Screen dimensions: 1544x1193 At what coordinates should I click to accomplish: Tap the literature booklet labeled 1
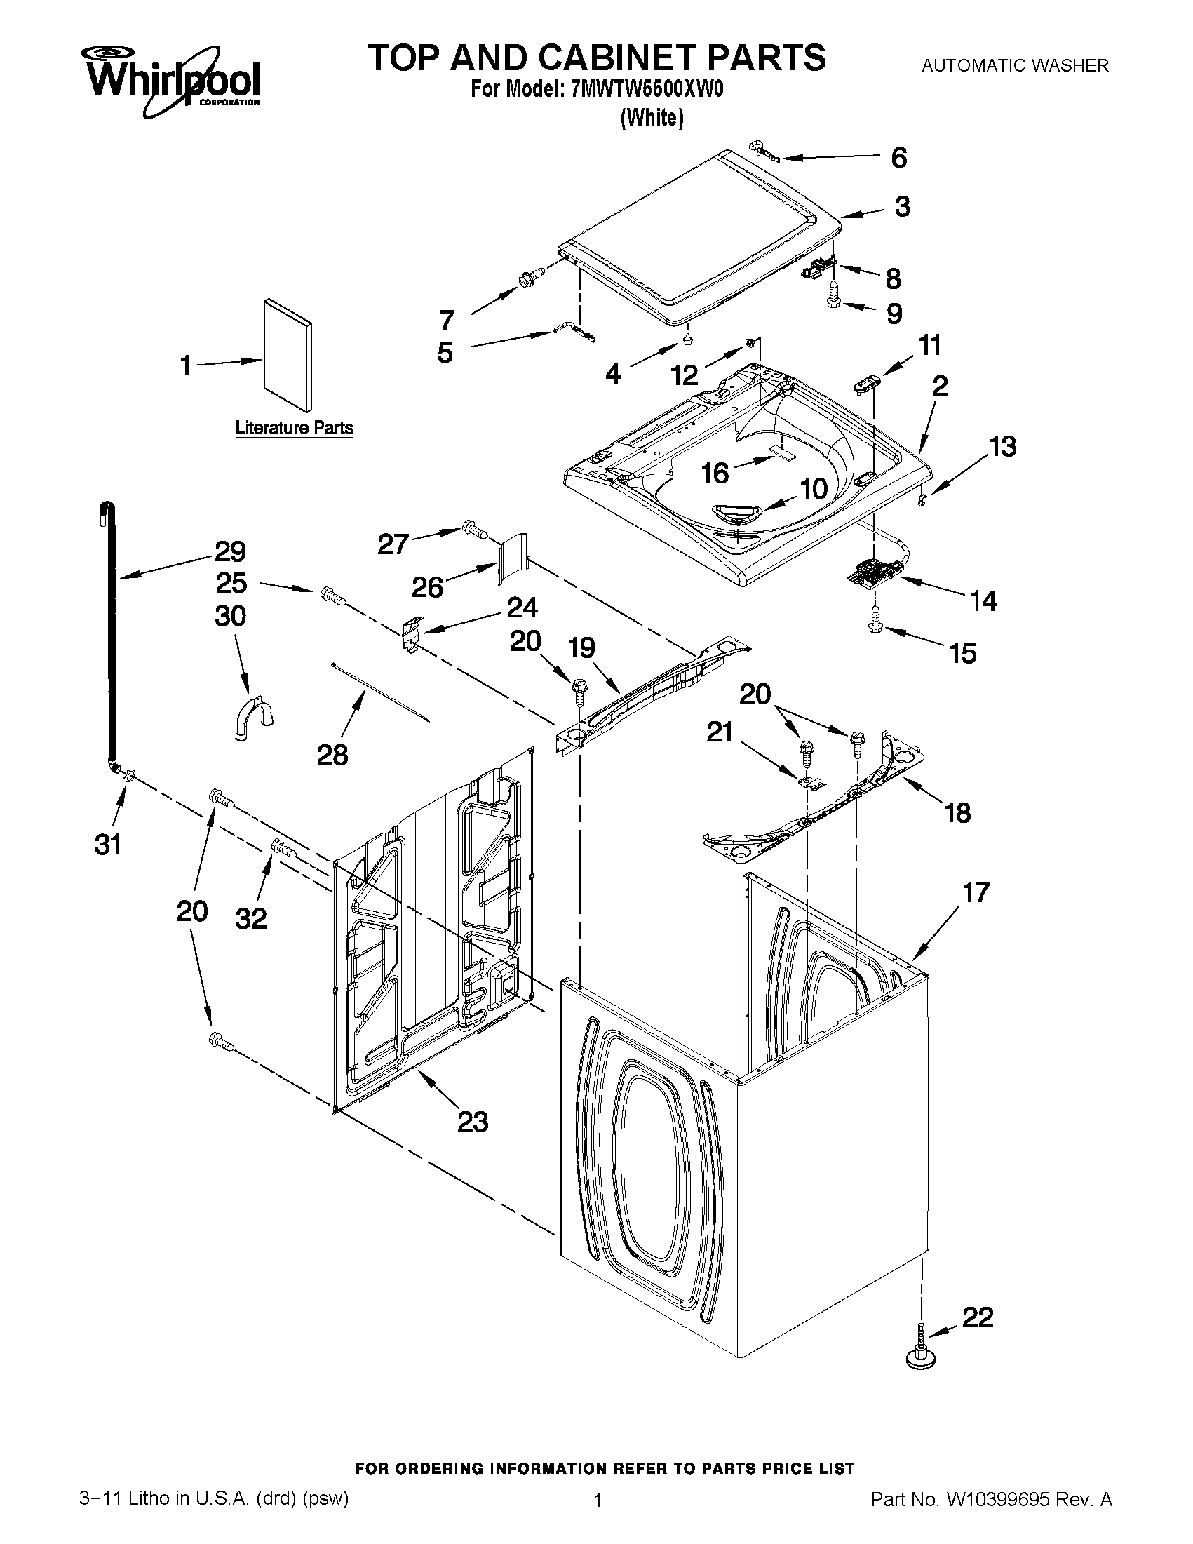click(x=287, y=355)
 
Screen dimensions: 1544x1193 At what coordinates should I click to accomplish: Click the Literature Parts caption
click(x=294, y=428)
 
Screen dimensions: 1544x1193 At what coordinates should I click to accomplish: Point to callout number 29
click(x=230, y=551)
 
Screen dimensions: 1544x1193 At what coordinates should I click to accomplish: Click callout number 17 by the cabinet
click(x=976, y=892)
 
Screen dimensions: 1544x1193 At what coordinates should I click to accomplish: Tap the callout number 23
click(x=472, y=1122)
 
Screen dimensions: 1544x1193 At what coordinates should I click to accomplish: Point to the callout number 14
click(x=983, y=601)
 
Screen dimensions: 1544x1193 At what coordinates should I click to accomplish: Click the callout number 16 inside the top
click(x=715, y=473)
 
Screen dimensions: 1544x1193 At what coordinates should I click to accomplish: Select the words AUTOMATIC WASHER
click(x=1015, y=66)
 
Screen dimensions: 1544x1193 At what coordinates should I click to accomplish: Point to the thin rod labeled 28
click(x=381, y=692)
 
